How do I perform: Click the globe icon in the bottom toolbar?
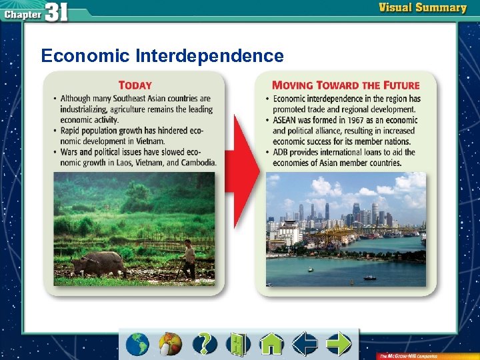pos(138,344)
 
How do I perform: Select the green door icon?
pos(238,344)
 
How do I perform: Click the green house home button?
pos(271,344)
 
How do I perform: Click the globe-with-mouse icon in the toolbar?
pos(171,344)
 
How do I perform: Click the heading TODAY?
pos(135,85)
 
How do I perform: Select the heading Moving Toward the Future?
pos(345,85)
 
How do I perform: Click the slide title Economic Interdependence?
pos(162,55)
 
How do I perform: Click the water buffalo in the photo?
pos(100,263)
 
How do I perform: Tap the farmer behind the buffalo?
pos(189,259)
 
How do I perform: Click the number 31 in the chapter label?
pos(57,13)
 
